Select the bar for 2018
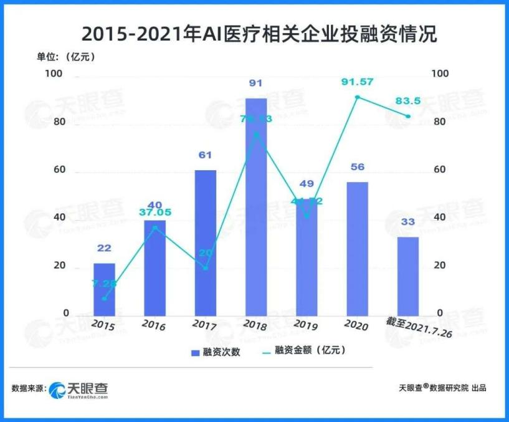click(255, 206)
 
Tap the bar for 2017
click(205, 242)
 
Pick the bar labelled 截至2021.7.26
click(407, 276)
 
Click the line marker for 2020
click(357, 97)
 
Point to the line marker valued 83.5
click(408, 117)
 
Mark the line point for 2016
click(155, 228)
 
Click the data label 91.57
click(357, 82)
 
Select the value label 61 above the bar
click(205, 155)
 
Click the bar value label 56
click(357, 167)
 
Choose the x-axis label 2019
click(306, 325)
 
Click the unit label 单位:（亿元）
click(65, 57)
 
